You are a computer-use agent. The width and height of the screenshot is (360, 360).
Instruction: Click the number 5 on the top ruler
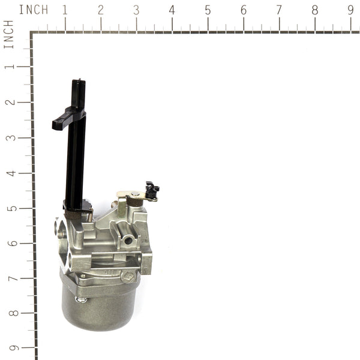click(208, 10)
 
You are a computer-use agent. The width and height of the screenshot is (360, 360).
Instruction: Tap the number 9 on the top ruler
click(350, 10)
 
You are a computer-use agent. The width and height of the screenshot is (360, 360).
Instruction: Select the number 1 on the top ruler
click(65, 10)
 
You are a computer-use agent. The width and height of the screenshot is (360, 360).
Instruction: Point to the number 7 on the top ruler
click(279, 10)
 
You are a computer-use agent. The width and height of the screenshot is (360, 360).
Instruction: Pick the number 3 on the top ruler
click(136, 10)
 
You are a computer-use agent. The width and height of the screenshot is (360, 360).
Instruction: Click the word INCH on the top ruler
click(34, 10)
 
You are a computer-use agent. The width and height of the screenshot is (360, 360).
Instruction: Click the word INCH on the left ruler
click(8, 34)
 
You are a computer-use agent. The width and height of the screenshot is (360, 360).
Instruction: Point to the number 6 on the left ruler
click(8, 244)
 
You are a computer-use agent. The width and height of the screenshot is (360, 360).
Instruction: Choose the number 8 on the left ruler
click(8, 314)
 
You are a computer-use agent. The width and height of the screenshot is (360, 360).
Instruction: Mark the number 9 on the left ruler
click(8, 349)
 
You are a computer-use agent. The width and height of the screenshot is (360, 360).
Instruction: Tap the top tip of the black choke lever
click(78, 83)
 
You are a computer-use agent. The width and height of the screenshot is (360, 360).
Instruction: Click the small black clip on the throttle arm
click(152, 190)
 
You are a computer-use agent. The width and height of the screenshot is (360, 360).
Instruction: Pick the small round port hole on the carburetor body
click(128, 240)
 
